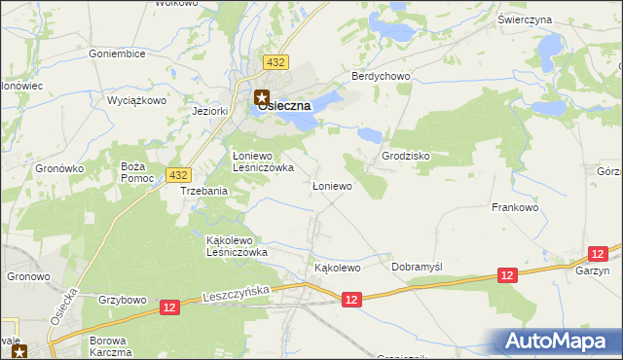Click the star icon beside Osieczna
(262, 96)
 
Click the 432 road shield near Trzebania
(177, 174)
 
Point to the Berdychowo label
(382, 77)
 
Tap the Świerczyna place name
(551, 19)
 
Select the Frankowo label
(515, 207)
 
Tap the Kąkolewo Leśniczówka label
(237, 245)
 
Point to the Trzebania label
(203, 192)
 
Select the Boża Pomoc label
(132, 172)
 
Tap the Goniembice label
(117, 54)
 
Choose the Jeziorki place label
(209, 111)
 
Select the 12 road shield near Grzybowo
(170, 307)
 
